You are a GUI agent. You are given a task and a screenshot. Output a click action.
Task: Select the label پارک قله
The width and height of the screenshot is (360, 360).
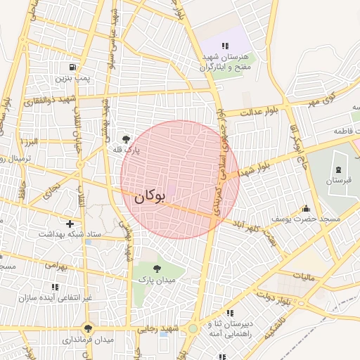[127, 150]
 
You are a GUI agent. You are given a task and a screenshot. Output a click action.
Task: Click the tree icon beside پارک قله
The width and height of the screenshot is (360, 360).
[127, 139]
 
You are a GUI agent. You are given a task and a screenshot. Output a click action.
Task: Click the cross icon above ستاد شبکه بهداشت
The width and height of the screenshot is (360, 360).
[69, 223]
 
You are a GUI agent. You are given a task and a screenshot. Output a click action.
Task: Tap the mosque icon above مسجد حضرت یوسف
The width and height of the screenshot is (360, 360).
[306, 208]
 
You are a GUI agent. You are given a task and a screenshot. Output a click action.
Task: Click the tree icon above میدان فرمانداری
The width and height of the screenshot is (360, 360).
[88, 328]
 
